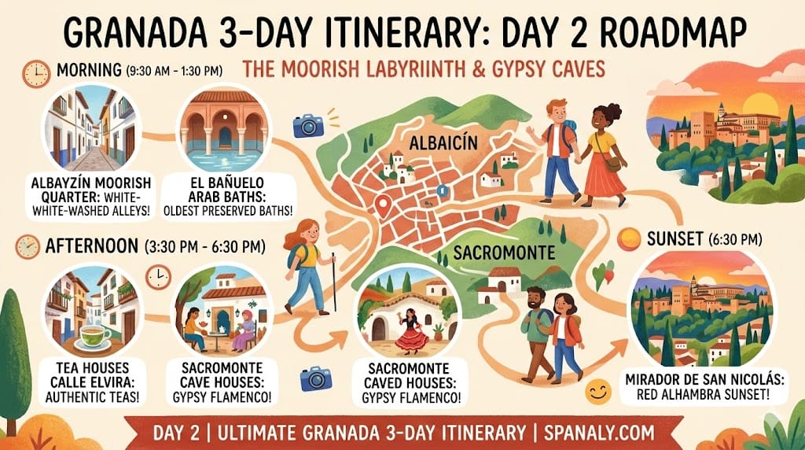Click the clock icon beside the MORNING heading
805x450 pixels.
click(36, 73)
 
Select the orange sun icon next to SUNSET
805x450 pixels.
click(630, 238)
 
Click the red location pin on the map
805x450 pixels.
click(383, 206)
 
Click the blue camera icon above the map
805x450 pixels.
click(308, 124)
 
